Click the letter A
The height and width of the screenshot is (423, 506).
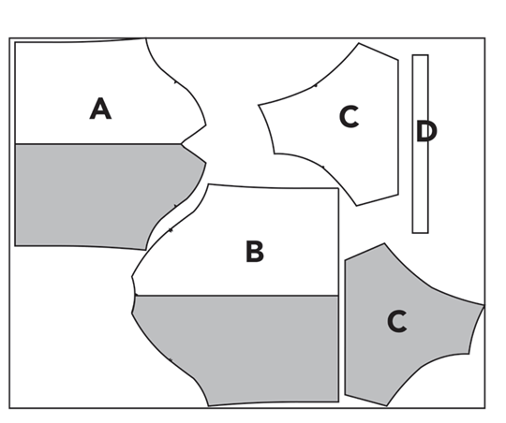click(100, 109)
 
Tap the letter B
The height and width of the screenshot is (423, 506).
click(255, 251)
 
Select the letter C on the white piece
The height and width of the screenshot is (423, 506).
click(350, 117)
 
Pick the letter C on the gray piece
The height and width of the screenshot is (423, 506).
click(397, 321)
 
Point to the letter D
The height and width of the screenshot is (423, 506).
click(426, 131)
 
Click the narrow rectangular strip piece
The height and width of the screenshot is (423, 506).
click(421, 144)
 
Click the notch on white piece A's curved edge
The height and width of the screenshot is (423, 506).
click(175, 82)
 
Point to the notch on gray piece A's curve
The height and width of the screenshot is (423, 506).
click(175, 206)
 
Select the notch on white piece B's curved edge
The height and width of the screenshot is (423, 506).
click(171, 230)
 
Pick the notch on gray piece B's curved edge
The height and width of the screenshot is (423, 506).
click(170, 359)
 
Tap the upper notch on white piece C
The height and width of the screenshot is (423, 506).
click(316, 85)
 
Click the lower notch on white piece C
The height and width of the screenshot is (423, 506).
click(322, 167)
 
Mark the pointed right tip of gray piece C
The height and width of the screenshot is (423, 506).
click(484, 305)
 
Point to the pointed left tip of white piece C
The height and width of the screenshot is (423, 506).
click(259, 105)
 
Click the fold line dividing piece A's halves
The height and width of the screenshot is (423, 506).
click(98, 144)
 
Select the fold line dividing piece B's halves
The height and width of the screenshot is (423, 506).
click(237, 296)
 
